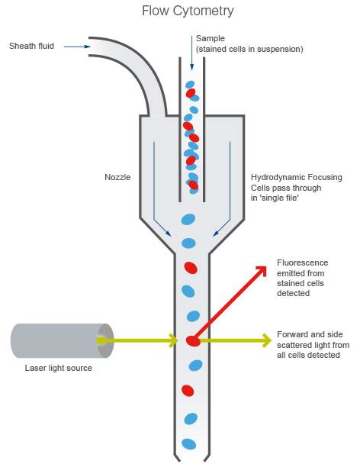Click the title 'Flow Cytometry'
(x=188, y=11)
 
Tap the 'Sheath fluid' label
(x=31, y=47)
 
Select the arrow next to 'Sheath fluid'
(x=76, y=47)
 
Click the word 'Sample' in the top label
(x=211, y=37)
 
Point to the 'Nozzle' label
(x=117, y=177)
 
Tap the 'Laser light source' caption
(x=58, y=368)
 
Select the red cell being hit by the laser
(x=194, y=340)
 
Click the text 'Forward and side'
(x=308, y=334)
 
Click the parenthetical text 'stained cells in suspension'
(x=249, y=49)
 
